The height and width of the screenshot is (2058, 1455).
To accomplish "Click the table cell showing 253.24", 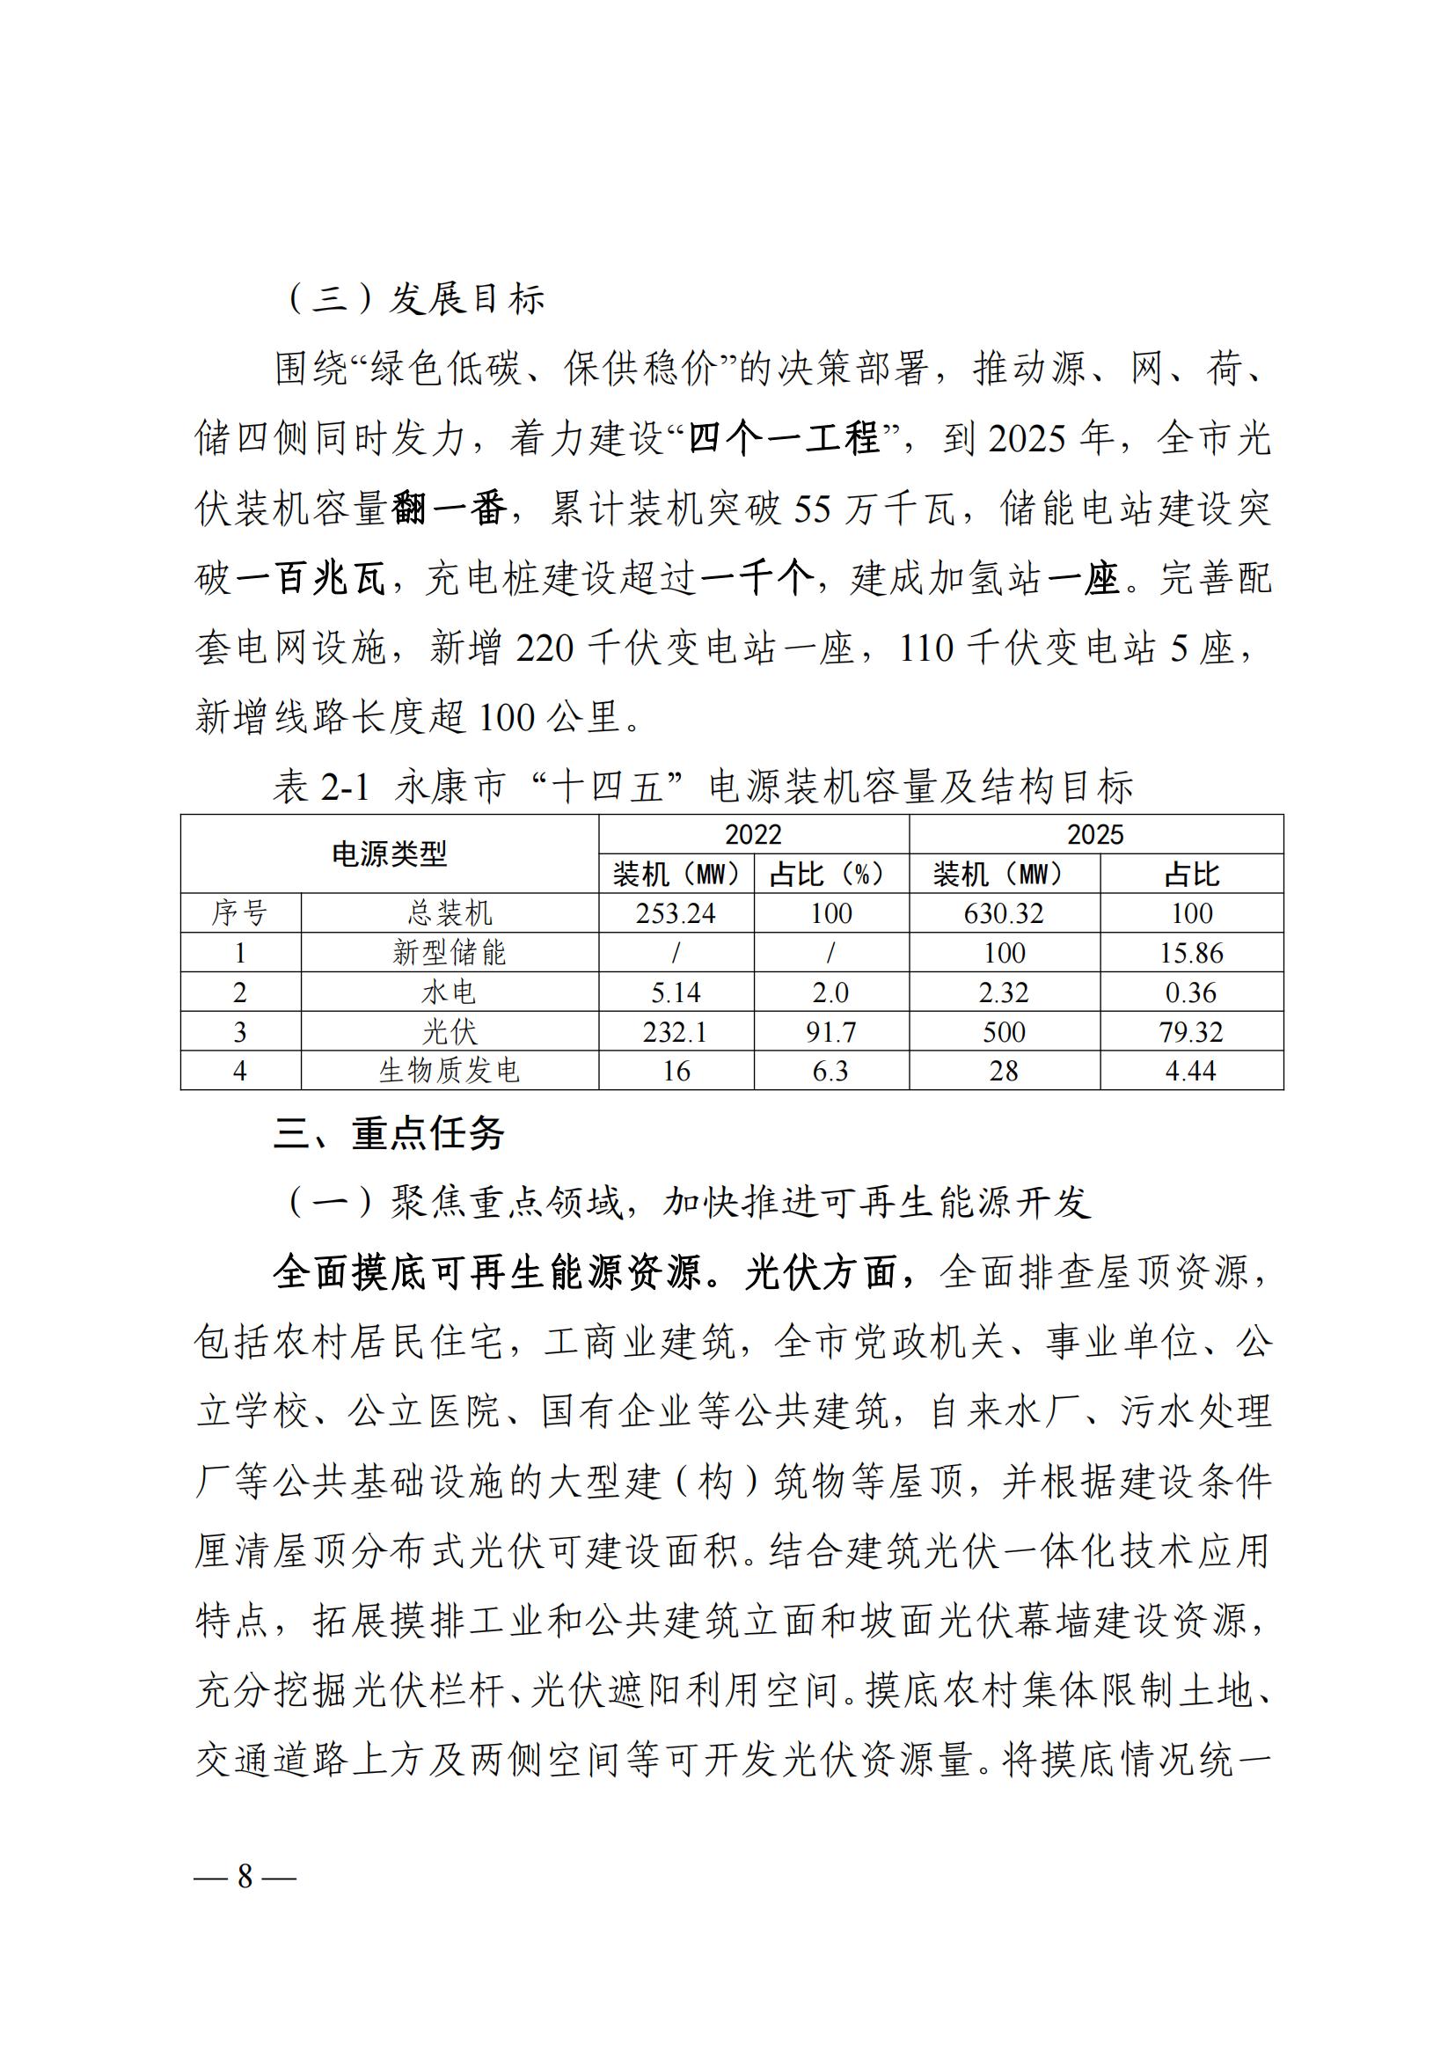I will [x=676, y=913].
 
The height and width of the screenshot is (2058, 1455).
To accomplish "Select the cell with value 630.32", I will [x=1004, y=913].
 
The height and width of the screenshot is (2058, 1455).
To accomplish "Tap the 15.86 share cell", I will [x=1191, y=953].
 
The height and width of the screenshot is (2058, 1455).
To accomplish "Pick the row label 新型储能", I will [x=449, y=953].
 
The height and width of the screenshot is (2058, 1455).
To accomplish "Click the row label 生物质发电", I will [x=449, y=1071].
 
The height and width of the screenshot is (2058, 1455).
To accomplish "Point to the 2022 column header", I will [x=753, y=834].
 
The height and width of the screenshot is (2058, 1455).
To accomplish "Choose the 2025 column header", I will [x=1095, y=834].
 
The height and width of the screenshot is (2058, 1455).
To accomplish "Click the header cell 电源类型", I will [x=389, y=854].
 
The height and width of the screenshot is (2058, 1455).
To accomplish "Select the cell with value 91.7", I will [x=830, y=1032].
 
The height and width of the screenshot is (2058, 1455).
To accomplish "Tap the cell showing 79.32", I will [x=1191, y=1032].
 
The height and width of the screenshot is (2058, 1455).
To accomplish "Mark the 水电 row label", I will [x=449, y=992].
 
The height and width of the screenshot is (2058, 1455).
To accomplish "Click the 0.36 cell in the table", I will [x=1191, y=992].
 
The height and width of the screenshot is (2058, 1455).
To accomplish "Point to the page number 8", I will [x=245, y=1876].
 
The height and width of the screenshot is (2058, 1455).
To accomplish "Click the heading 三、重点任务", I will [x=389, y=1134].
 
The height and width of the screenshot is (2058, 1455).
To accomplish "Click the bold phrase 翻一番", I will [x=449, y=509].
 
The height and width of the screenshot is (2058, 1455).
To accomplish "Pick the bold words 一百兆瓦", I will [x=310, y=579].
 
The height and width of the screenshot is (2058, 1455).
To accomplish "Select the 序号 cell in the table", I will [x=239, y=913].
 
